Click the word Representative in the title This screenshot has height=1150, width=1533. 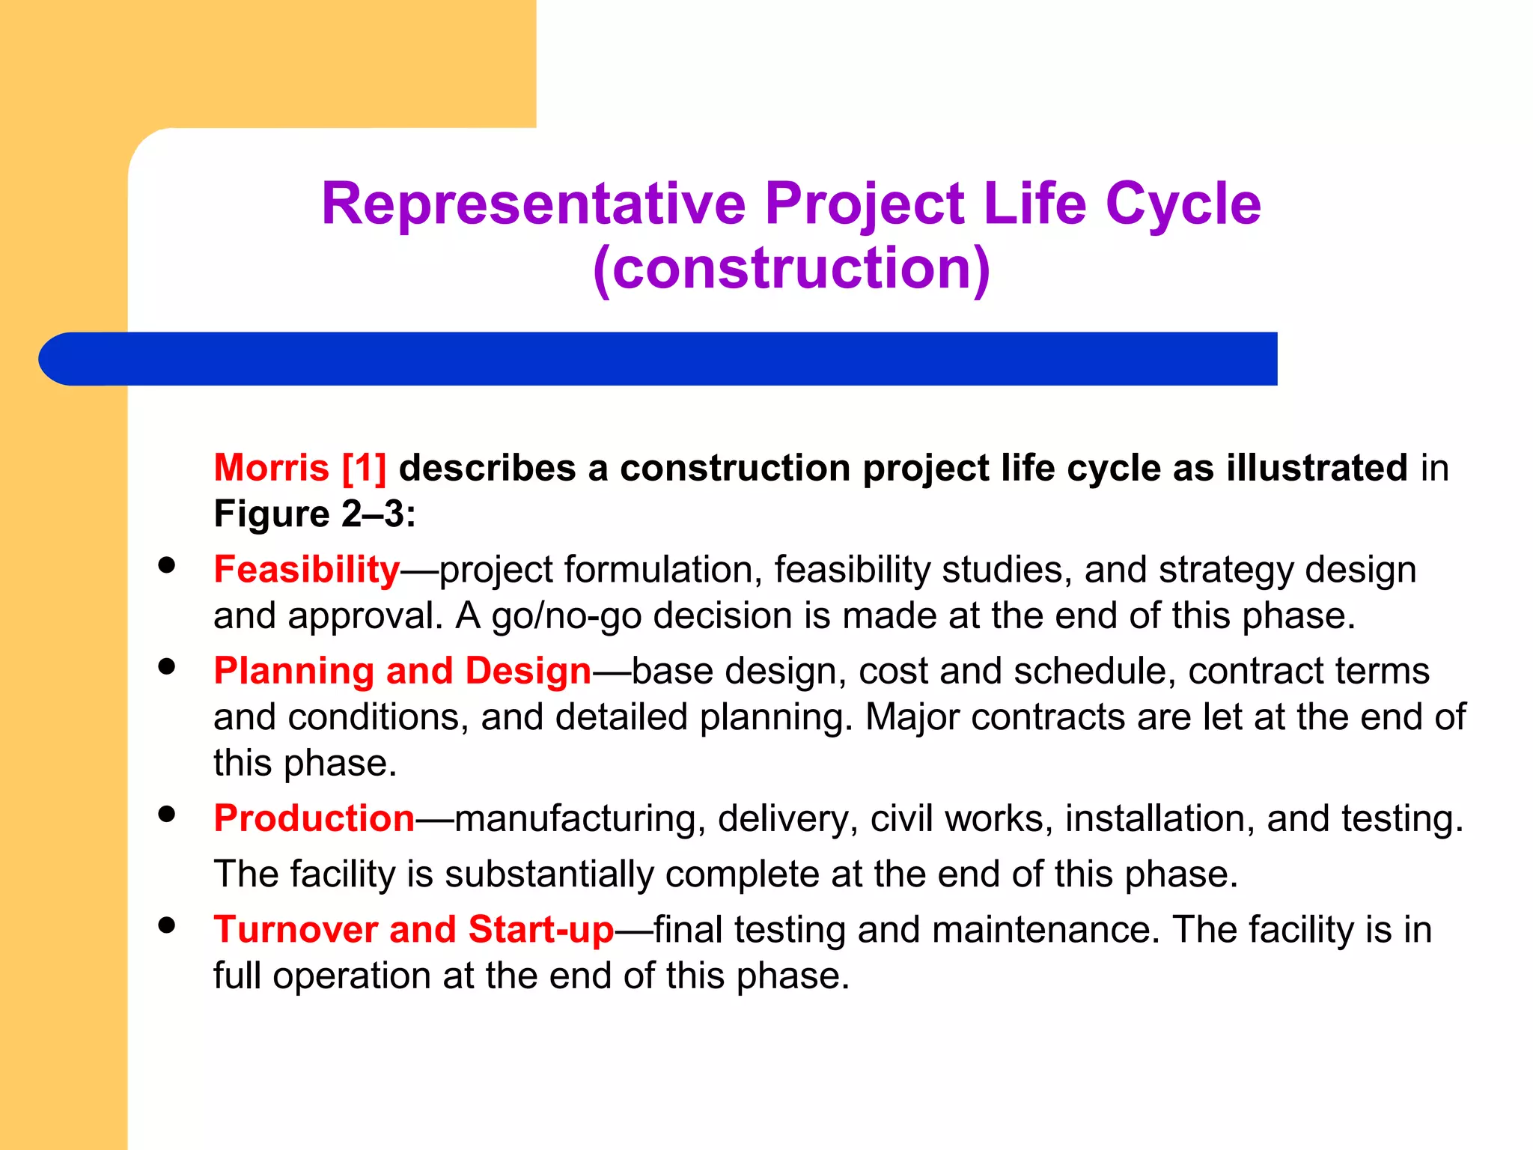(534, 204)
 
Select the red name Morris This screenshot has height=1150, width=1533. (271, 468)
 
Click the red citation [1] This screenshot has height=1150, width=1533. (364, 468)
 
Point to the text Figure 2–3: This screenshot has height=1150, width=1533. (314, 514)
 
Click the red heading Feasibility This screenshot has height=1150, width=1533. (307, 570)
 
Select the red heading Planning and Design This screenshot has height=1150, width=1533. (403, 671)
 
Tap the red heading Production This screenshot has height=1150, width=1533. (314, 818)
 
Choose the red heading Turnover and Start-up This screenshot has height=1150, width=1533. (414, 930)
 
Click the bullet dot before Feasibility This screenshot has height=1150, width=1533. (167, 565)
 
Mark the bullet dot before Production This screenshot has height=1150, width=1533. (167, 814)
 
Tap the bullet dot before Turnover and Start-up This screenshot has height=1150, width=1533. (167, 925)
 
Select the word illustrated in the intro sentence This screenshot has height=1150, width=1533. (1317, 468)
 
